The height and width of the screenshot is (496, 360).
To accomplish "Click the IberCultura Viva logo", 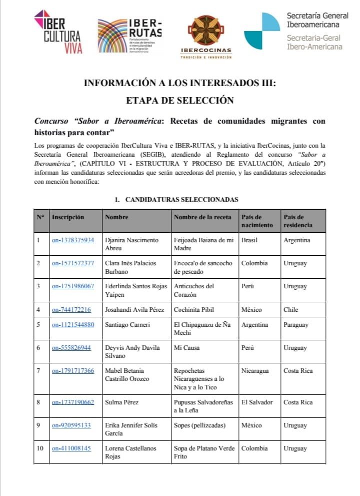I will tap(58, 31).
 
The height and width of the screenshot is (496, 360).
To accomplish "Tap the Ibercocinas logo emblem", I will tap(205, 31).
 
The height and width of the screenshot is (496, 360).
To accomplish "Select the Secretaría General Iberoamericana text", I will tap(317, 20).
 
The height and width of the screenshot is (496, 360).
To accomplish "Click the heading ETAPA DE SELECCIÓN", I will tap(180, 100).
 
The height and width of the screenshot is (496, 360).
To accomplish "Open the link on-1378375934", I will tap(73, 240).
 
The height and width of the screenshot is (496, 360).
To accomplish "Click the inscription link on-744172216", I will tap(71, 310).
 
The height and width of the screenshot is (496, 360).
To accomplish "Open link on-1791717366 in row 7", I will tap(73, 371).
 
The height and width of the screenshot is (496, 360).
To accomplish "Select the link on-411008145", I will tap(71, 448).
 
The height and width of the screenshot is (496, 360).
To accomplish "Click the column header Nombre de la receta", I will tap(202, 217).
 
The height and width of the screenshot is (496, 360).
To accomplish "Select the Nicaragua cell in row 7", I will tap(255, 371).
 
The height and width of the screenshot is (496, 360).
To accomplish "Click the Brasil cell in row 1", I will tap(249, 240).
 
